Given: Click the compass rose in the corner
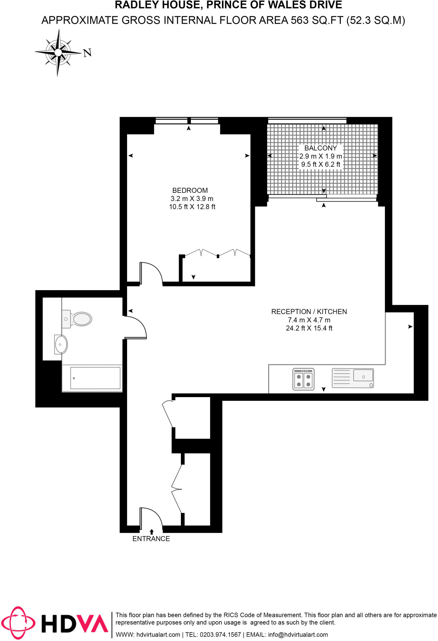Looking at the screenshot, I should pyautogui.click(x=58, y=53).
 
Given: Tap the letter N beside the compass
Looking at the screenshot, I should pyautogui.click(x=87, y=53).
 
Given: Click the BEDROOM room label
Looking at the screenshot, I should pyautogui.click(x=190, y=190).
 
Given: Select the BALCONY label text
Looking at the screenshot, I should pyautogui.click(x=321, y=148).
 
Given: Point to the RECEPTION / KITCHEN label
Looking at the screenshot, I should pyautogui.click(x=309, y=312).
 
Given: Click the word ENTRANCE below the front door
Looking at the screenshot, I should pyautogui.click(x=151, y=539).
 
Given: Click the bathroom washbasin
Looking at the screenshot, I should pyautogui.click(x=61, y=345).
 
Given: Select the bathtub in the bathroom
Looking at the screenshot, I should pyautogui.click(x=92, y=378).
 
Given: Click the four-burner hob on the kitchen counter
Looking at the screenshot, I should pyautogui.click(x=303, y=379).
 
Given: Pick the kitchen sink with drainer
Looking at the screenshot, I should pyautogui.click(x=353, y=378).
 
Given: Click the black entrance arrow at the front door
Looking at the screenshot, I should pyautogui.click(x=152, y=531).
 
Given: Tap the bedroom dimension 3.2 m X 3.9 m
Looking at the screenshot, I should pyautogui.click(x=192, y=198).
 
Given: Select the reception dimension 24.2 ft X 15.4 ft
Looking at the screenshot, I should pyautogui.click(x=309, y=328).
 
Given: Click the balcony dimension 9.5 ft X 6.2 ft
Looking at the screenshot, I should pyautogui.click(x=321, y=164).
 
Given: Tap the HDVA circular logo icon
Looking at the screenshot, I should pyautogui.click(x=18, y=623).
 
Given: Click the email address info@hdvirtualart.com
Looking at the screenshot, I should pyautogui.click(x=298, y=635).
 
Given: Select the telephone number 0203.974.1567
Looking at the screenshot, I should pyautogui.click(x=220, y=635).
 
